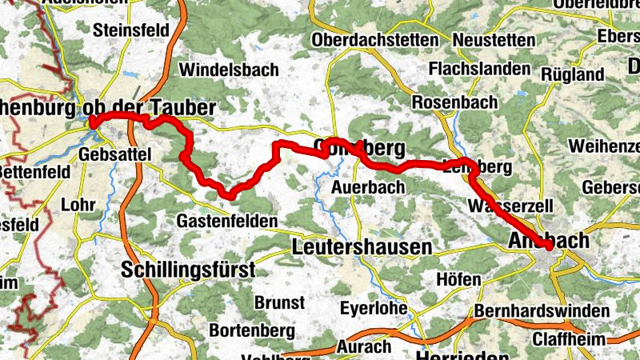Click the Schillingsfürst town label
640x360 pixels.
188,270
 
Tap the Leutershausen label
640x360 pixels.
362,247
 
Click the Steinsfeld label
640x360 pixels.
131,30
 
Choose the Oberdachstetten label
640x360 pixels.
376,40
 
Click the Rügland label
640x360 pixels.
573,74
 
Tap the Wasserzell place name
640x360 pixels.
512,206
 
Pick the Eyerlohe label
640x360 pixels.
375,308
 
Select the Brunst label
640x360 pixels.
279,302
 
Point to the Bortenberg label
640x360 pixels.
251,330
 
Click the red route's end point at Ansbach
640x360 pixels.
549,246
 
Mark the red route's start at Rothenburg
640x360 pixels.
93,122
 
